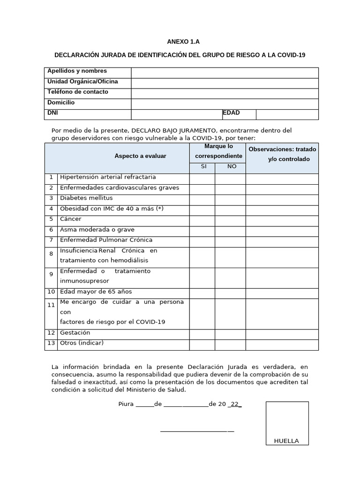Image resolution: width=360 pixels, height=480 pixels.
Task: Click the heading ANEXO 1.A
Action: [x=180, y=42]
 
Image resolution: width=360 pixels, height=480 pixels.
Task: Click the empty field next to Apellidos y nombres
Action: [x=225, y=73]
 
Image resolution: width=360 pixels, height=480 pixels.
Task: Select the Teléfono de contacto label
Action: [x=78, y=92]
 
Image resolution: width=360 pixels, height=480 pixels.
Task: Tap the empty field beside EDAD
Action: [x=287, y=114]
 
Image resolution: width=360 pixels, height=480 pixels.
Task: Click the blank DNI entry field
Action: [x=176, y=114]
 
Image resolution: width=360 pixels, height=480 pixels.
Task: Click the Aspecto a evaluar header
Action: [x=140, y=156]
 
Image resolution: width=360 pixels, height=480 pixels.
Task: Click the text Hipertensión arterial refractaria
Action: [x=108, y=177]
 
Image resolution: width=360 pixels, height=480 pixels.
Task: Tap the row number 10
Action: [x=51, y=292]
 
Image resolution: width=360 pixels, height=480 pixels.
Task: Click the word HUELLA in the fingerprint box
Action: [x=286, y=441]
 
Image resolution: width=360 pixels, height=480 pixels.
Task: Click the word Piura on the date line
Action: [x=126, y=404]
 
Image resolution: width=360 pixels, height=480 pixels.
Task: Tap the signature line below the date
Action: [x=197, y=431]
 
